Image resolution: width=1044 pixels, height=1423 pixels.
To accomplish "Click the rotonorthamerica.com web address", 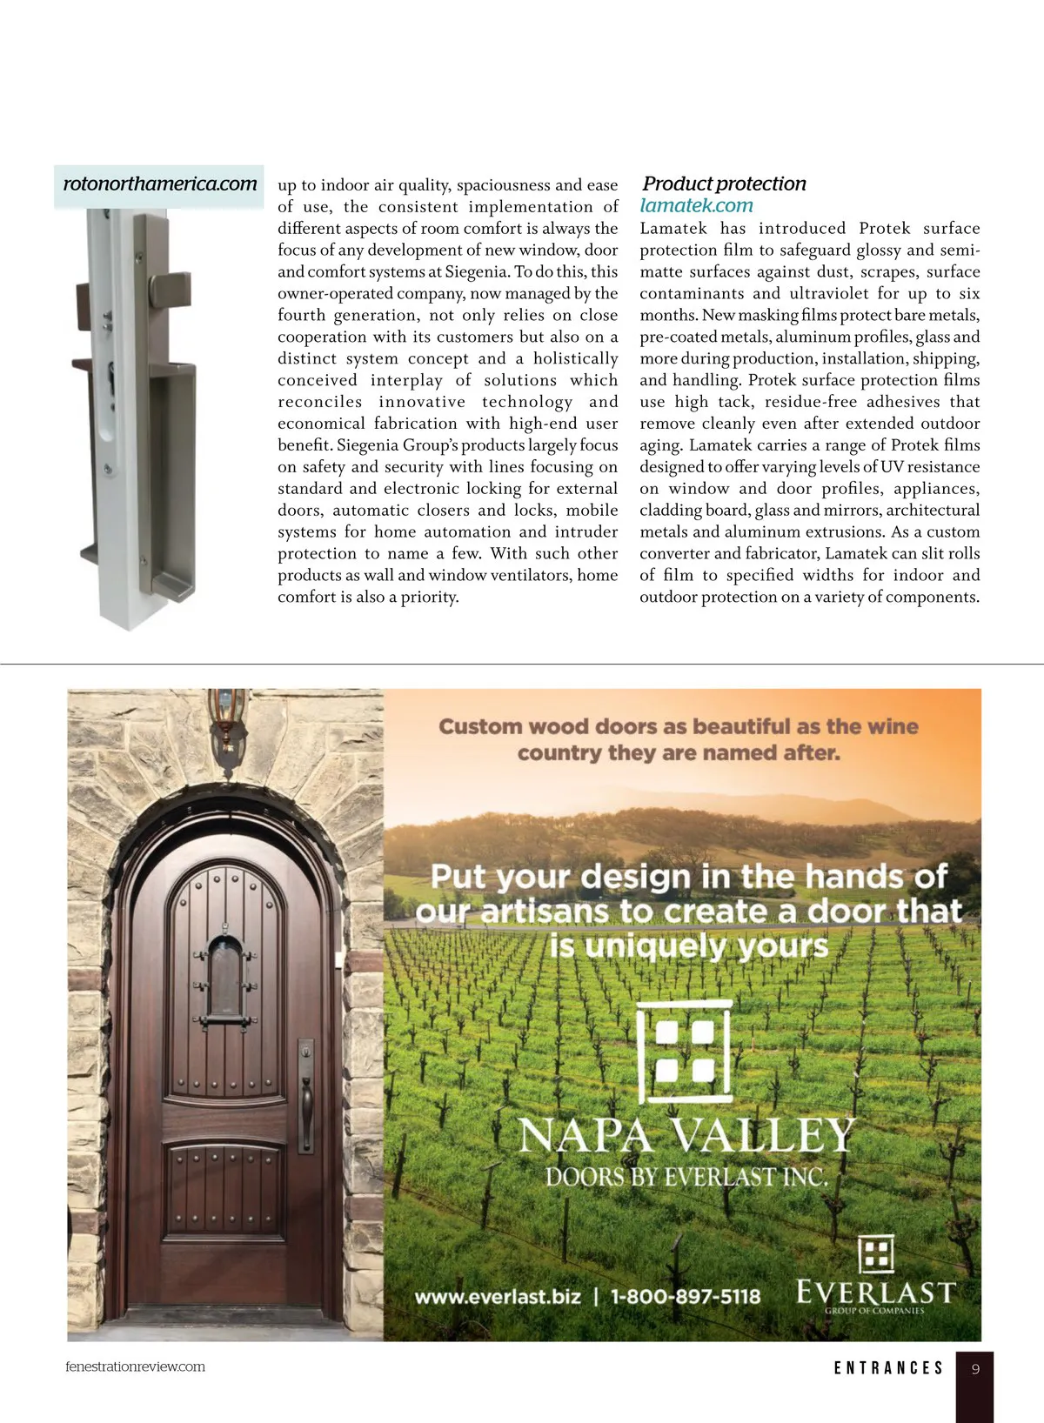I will point(160,184).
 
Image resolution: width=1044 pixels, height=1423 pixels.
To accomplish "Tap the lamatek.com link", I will point(696,206).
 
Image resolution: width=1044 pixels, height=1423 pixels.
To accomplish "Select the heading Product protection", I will point(724,184).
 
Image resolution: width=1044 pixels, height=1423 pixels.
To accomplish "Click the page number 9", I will point(975,1369).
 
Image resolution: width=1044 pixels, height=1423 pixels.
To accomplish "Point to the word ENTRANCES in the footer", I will point(888,1369).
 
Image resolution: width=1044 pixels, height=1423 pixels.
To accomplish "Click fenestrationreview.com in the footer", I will point(135,1366).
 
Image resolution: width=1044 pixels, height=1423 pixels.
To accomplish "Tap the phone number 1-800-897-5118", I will point(685,1297).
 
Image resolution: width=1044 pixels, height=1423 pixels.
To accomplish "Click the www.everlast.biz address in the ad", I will point(497,1297).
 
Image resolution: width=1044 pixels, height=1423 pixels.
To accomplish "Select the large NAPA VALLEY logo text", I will point(686,1136).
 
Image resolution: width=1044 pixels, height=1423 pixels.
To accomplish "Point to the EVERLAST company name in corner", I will point(876,1292).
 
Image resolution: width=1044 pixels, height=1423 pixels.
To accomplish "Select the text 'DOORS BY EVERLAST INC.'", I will point(686,1178).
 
